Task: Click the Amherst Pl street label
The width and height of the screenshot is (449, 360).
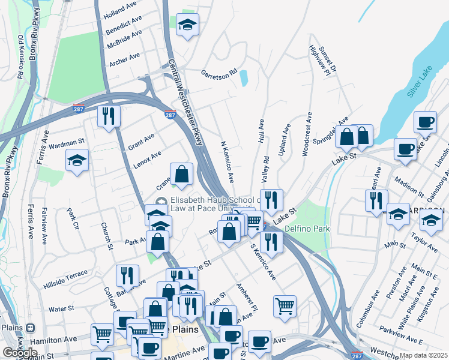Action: [247, 298]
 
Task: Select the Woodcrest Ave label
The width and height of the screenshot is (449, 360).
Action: [307, 134]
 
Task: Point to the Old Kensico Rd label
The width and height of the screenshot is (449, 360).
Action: [20, 57]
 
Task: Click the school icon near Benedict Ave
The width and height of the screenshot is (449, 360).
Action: [188, 25]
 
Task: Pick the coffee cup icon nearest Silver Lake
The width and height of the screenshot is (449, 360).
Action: [426, 122]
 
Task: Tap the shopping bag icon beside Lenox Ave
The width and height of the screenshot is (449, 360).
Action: [182, 175]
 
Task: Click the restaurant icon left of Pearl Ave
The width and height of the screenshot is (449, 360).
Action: [376, 200]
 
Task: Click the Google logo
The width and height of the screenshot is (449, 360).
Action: [20, 353]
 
